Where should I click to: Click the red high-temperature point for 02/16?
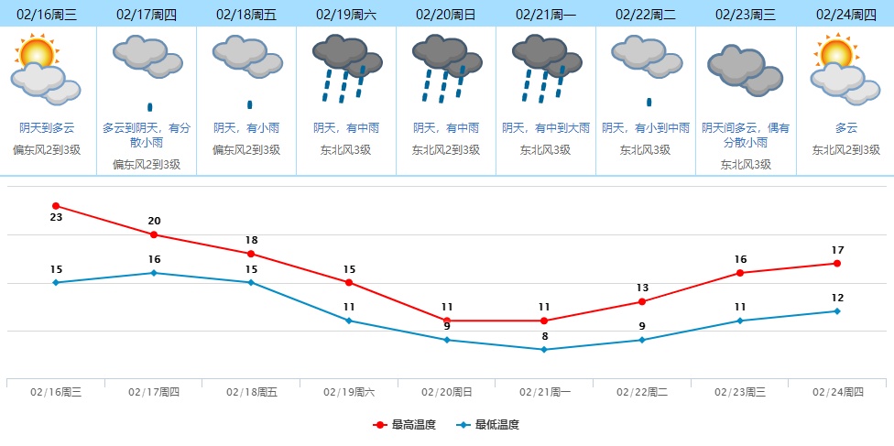[x=56, y=206]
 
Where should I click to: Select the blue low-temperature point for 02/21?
[x=544, y=349]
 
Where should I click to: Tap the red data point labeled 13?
[x=642, y=301]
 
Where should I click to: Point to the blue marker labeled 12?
[x=837, y=311]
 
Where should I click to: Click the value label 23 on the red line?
[x=56, y=218]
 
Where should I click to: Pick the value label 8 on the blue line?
[x=544, y=336]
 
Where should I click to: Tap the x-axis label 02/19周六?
[x=349, y=392]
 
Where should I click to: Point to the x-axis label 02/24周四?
[x=838, y=392]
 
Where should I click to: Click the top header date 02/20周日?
[x=446, y=15]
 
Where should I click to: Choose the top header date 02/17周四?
[x=147, y=15]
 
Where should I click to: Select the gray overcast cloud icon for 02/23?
[x=744, y=70]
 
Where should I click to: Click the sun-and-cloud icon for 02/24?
[x=844, y=68]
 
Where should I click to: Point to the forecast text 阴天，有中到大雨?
[x=546, y=128]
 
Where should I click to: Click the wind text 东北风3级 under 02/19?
[x=346, y=149]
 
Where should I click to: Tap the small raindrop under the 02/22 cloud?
[x=649, y=102]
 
